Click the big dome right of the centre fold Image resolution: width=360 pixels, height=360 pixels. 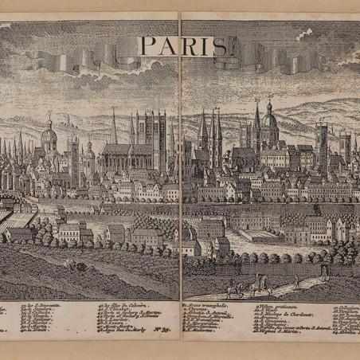click(270, 123)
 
